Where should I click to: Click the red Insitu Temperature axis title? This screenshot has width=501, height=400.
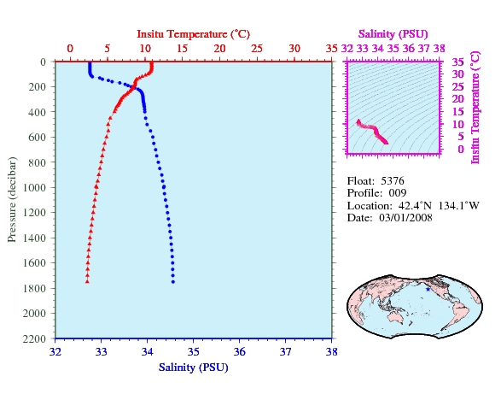(x=193, y=34)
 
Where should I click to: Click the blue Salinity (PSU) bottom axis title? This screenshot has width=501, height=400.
(x=193, y=368)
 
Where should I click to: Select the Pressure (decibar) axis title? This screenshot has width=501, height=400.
(x=12, y=199)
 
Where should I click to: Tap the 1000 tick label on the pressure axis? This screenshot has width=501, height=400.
(x=34, y=187)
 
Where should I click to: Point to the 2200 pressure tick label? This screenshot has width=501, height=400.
(x=34, y=338)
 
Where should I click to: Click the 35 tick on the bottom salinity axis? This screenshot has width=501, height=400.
(x=193, y=352)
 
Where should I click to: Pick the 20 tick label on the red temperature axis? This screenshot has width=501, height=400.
(x=220, y=49)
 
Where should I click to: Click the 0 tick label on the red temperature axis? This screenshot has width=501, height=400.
(x=70, y=49)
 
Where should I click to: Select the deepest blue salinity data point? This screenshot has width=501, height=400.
(x=173, y=282)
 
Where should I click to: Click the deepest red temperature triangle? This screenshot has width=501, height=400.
(x=87, y=281)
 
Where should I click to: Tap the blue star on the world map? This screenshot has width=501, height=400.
(x=428, y=289)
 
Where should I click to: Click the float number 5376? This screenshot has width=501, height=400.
(x=393, y=181)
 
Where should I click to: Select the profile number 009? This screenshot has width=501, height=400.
(x=398, y=193)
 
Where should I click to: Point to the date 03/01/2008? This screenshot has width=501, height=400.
(x=405, y=218)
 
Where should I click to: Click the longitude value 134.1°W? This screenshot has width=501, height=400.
(x=458, y=205)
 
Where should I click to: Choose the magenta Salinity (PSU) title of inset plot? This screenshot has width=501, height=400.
(x=393, y=34)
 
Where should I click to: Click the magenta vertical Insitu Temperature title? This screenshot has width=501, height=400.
(x=475, y=108)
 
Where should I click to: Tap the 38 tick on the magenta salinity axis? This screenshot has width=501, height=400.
(x=440, y=49)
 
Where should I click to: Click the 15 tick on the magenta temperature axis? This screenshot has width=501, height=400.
(x=457, y=112)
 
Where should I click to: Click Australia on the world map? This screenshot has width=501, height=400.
(x=397, y=316)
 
